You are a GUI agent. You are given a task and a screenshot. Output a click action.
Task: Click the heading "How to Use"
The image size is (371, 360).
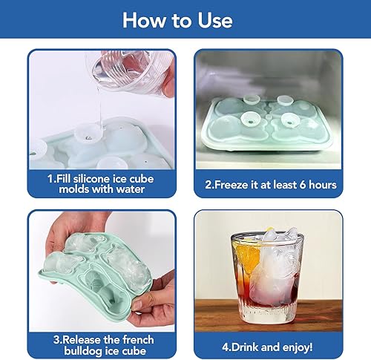pyautogui.click(x=185, y=20)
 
